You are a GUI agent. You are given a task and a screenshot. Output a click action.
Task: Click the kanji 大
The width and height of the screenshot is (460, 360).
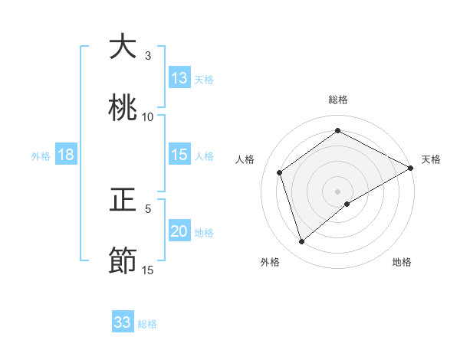click(123, 47)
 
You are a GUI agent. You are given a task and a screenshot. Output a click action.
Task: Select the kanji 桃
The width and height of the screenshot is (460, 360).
click(123, 108)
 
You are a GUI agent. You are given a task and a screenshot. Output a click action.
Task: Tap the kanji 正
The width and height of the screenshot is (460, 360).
click(123, 200)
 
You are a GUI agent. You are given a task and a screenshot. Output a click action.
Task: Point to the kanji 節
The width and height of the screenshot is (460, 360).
click(123, 261)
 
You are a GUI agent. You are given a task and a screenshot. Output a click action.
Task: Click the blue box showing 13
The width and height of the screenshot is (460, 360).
click(179, 77)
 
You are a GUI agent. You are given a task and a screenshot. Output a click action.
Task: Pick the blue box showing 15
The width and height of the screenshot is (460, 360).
click(179, 155)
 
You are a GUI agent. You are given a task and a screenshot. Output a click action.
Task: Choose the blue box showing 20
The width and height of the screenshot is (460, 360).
click(179, 231)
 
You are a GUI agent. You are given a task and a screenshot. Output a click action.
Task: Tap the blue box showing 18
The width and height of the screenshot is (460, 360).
click(66, 155)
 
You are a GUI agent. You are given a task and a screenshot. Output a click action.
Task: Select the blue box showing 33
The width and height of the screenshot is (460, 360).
click(123, 322)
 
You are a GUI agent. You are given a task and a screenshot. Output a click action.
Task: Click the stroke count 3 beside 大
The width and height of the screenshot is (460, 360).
click(148, 56)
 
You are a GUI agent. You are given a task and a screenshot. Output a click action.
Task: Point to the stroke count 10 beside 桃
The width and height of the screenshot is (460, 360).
click(148, 117)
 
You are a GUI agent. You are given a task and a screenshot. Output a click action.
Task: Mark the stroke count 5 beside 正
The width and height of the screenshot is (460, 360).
click(148, 208)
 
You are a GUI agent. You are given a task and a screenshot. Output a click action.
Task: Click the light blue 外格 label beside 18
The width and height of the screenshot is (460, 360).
click(41, 156)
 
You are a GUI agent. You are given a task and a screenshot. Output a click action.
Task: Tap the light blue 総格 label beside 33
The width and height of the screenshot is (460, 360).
click(148, 324)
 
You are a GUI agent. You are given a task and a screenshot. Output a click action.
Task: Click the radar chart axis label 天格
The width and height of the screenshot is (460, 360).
click(431, 159)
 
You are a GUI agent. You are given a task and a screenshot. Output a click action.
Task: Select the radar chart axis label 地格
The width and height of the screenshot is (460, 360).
click(402, 263)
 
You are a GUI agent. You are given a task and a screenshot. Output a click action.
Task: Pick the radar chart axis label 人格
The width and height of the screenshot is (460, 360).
click(245, 159)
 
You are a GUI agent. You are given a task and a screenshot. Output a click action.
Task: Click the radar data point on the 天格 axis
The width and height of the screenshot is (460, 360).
click(411, 167)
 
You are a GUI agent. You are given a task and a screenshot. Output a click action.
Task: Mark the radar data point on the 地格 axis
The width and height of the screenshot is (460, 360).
click(347, 204)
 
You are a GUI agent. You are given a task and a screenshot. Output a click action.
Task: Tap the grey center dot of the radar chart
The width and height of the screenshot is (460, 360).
click(337, 191)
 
